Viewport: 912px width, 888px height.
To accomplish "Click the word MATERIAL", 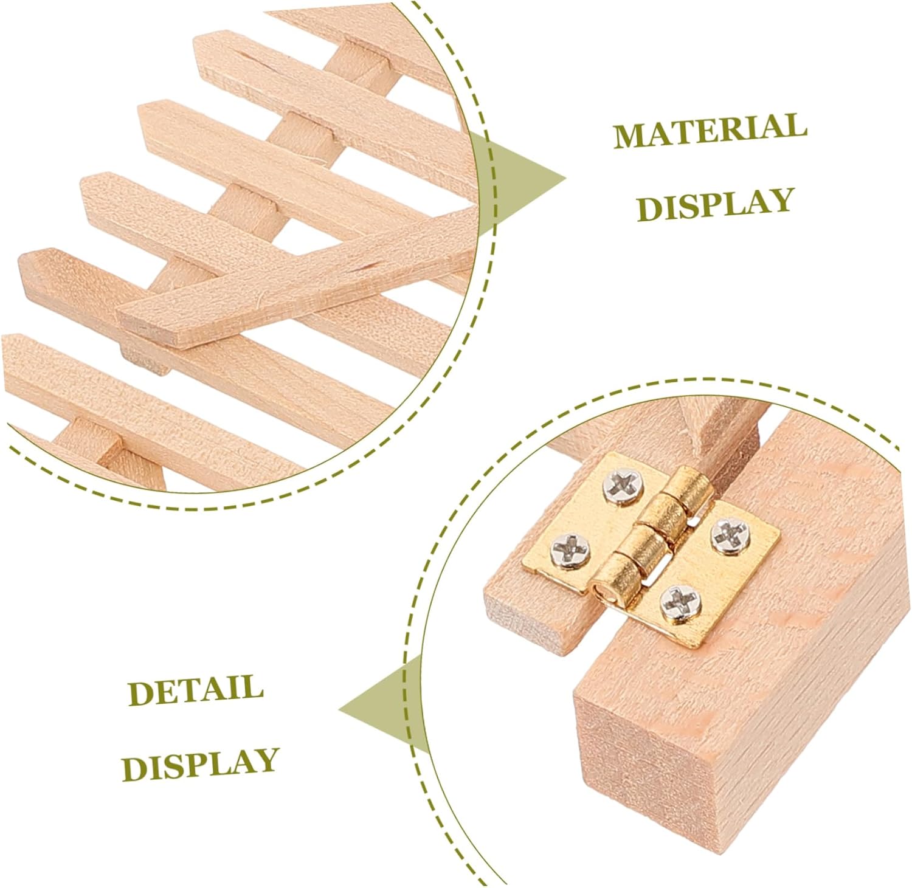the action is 710,129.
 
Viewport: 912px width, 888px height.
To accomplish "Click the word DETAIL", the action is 196,691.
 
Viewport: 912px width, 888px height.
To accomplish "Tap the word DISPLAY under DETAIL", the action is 201,763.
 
